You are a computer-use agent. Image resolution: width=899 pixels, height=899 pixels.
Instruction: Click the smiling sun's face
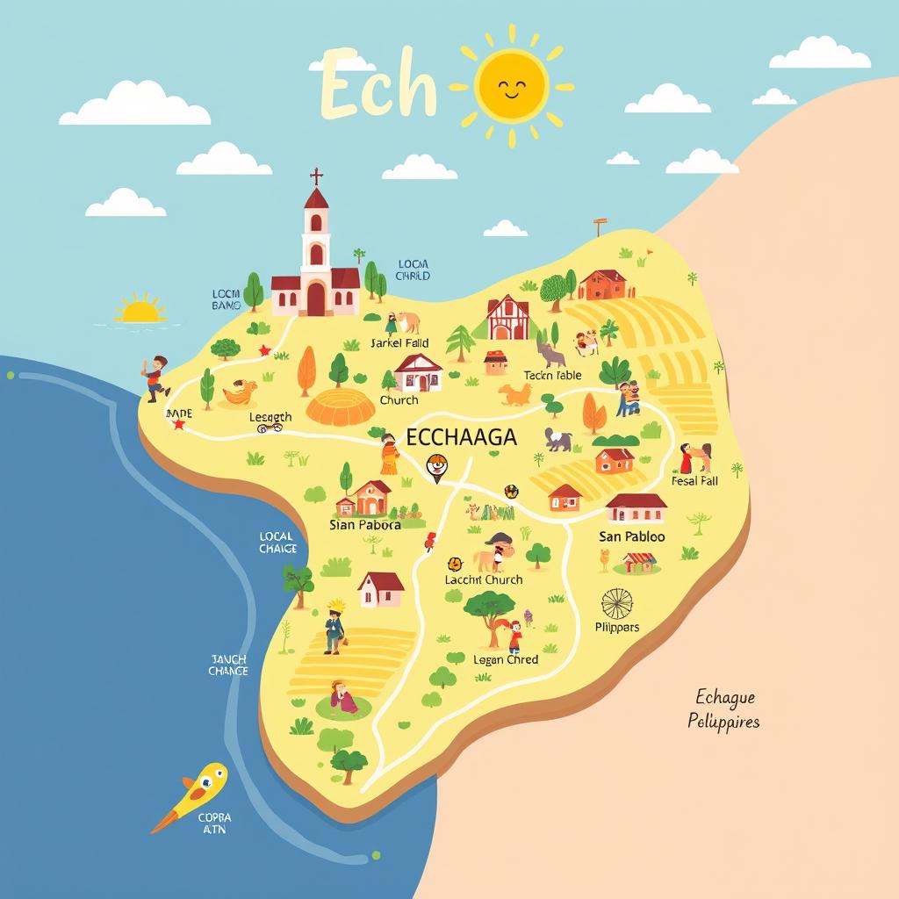click(x=511, y=86)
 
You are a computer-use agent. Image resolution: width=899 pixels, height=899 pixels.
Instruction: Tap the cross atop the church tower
click(x=316, y=176)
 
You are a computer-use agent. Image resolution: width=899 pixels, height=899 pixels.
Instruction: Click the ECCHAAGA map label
click(x=461, y=437)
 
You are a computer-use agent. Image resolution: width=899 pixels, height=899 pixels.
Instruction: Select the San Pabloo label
click(x=631, y=536)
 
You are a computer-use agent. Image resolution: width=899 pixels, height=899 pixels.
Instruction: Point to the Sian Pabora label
click(x=364, y=525)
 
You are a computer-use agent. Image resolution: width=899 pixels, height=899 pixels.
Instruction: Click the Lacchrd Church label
click(x=483, y=579)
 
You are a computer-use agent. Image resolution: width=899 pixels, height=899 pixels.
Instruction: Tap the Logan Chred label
click(x=506, y=659)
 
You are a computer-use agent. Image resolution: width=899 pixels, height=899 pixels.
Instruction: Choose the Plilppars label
click(x=617, y=628)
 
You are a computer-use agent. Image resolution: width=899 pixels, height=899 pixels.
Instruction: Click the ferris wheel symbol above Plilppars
click(x=616, y=603)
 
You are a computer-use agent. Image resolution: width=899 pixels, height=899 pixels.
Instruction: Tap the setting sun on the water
click(x=141, y=309)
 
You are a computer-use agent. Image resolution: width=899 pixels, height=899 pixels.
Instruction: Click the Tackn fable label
click(x=552, y=376)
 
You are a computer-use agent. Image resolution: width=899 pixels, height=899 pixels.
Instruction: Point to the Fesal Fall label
click(x=694, y=481)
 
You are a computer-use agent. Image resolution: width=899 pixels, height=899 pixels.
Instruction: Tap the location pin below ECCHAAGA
click(x=436, y=466)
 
